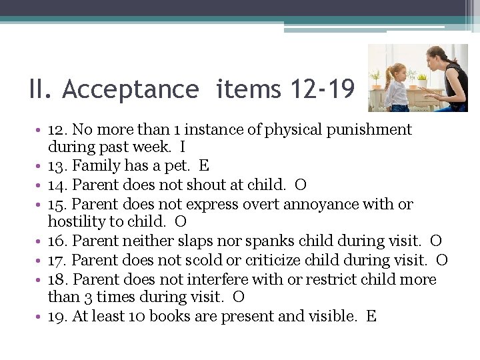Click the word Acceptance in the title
(131, 89)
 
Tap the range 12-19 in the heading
(323, 89)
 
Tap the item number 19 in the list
(57, 316)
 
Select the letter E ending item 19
(371, 316)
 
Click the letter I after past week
(183, 147)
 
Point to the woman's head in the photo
(439, 57)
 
